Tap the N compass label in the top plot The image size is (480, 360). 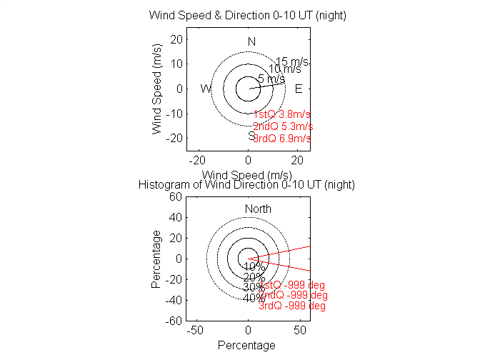pos(251,42)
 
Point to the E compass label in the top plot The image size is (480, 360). pos(299,89)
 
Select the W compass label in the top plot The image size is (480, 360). pos(206,89)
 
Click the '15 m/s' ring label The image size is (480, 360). pos(291,61)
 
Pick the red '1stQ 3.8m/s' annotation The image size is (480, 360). pos(281,114)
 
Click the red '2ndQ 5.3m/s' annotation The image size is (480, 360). pos(283,126)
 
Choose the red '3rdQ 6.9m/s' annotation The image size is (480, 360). pos(282,139)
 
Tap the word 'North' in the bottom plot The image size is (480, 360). pos(258,209)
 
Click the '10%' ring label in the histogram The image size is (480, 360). pos(254,267)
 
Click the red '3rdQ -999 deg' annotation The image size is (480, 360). pos(292,306)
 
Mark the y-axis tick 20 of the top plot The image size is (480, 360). pos(175,39)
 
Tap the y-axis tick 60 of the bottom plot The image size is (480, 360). pos(175,196)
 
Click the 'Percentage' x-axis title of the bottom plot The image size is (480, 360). pos(246,346)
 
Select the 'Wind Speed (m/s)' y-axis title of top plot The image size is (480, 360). pos(158,89)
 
